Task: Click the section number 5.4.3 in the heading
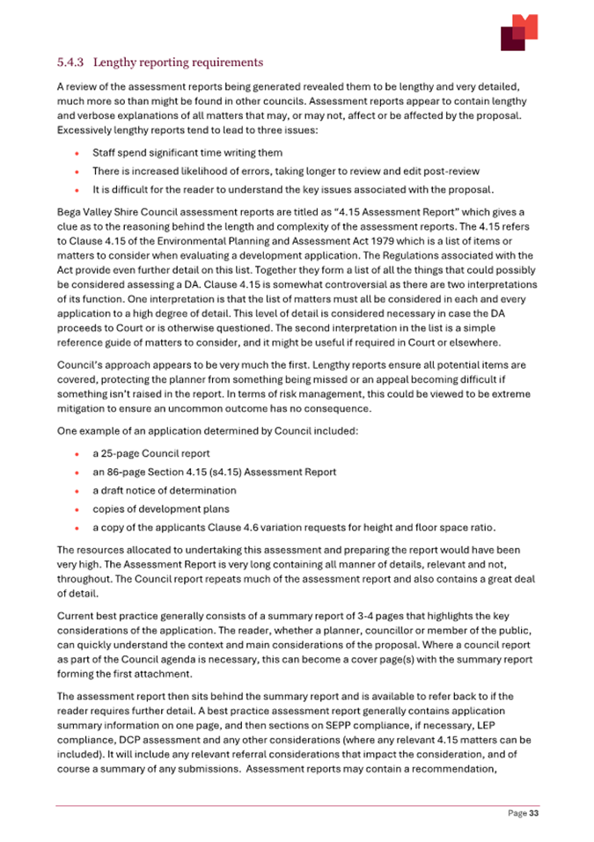click(70, 62)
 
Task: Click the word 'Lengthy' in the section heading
click(120, 62)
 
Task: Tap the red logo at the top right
click(518, 33)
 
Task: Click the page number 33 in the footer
click(533, 815)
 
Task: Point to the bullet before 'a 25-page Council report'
click(79, 454)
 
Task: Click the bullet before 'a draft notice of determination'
click(79, 491)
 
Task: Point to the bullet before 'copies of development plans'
click(79, 509)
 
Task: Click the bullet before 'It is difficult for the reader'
click(79, 188)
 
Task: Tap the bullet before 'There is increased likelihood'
click(79, 172)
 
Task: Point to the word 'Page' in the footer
click(517, 815)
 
